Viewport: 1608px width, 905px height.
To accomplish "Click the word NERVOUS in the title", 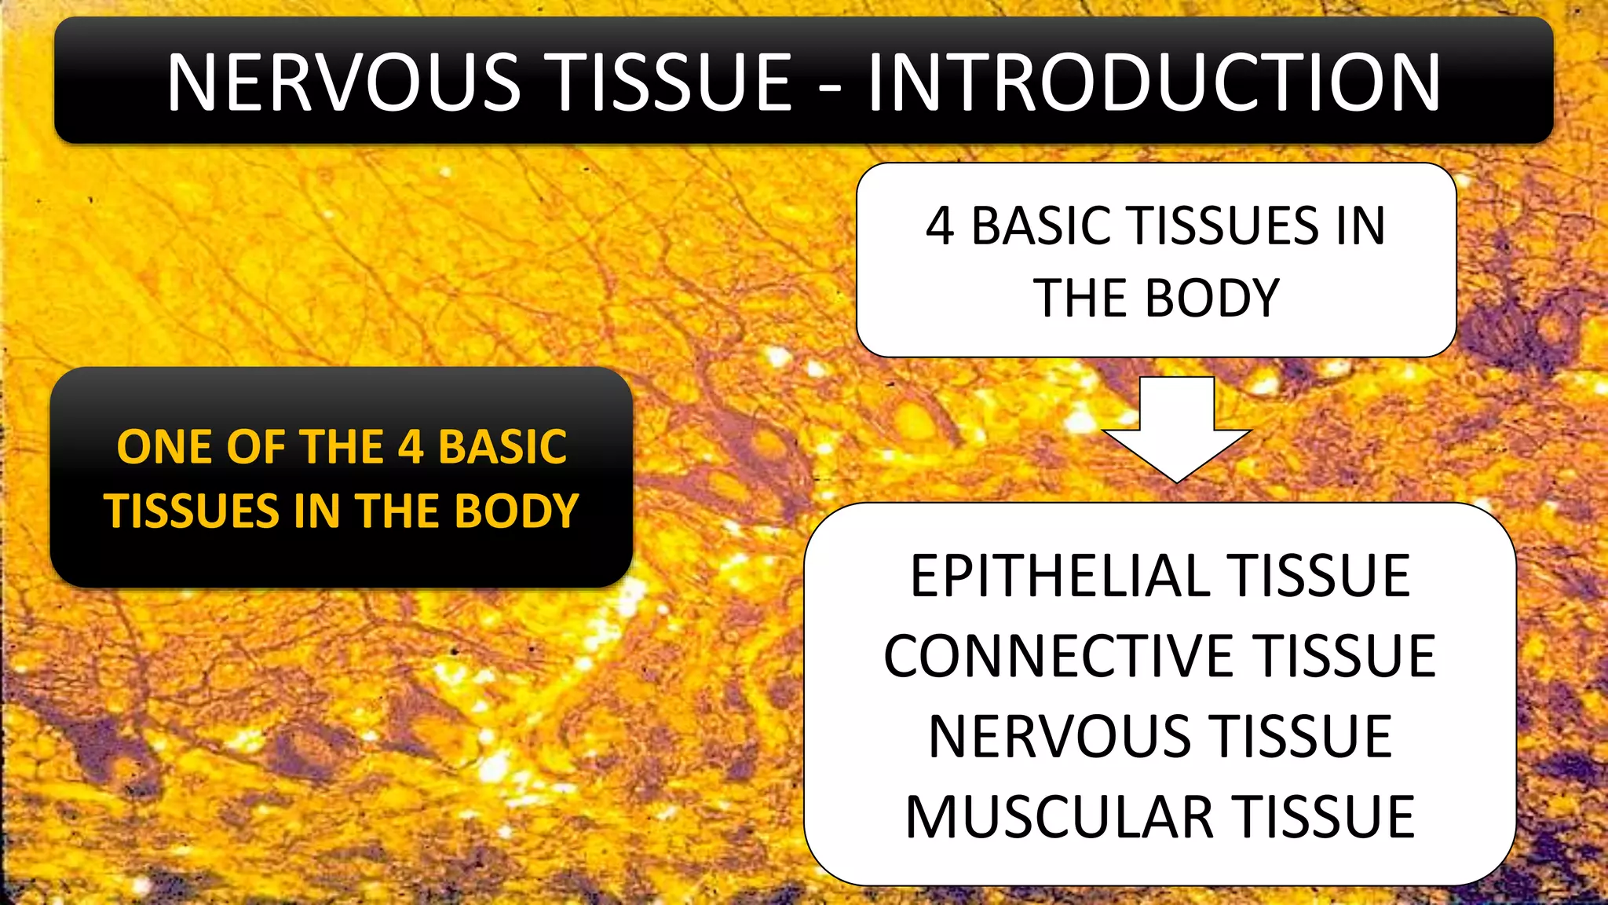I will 344,82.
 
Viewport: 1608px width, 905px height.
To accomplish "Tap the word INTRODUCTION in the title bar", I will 1153,82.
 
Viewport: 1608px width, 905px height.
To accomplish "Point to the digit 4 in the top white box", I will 940,226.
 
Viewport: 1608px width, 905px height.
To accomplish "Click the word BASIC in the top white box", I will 1044,226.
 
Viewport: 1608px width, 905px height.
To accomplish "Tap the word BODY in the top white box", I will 1212,299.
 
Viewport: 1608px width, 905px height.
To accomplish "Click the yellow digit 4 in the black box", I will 411,447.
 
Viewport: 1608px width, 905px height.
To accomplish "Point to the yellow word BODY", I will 517,511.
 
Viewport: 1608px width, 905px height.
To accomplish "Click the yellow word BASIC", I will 502,447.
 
